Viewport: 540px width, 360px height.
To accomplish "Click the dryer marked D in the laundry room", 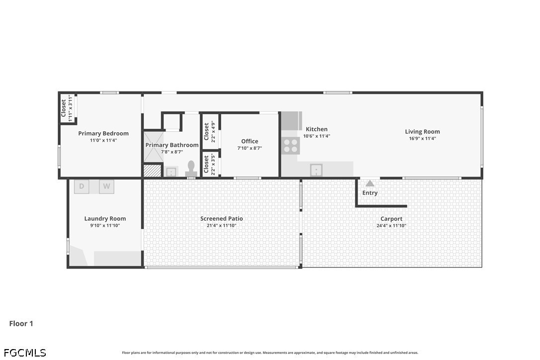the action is click(82, 186).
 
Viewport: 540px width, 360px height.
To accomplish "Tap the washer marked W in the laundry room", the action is click(106, 186).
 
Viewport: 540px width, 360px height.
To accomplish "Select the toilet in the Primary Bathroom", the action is click(191, 169).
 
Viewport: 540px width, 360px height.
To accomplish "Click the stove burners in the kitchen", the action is click(291, 145).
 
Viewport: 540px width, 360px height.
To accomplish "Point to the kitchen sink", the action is click(316, 170).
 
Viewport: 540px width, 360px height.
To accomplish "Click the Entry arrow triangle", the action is click(369, 183).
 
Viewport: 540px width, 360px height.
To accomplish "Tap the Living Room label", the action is click(422, 131).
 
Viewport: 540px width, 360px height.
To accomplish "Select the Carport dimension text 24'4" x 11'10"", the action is click(391, 226).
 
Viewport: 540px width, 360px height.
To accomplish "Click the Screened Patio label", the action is click(221, 218).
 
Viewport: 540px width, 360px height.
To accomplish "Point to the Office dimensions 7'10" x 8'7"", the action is click(250, 148).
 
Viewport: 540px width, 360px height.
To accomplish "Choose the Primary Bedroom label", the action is click(103, 133).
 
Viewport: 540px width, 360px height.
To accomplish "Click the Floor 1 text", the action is click(21, 324).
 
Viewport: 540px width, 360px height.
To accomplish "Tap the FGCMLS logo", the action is click(25, 353).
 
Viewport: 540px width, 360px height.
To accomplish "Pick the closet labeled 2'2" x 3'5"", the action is click(210, 164).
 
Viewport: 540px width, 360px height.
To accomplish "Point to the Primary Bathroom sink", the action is click(171, 171).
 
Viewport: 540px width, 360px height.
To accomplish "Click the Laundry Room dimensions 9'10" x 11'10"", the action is click(105, 226).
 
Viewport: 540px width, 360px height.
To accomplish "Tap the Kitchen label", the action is click(317, 129).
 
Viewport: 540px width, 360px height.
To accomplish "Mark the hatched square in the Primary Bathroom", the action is click(152, 171).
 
